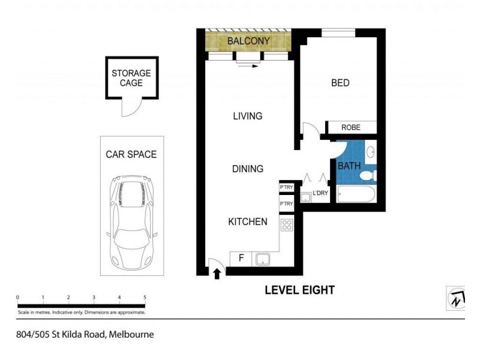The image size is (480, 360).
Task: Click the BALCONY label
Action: pos(248,41)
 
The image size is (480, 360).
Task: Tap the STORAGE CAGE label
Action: pos(131,78)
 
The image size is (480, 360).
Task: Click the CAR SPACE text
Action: pos(131,154)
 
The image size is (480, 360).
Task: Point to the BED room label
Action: pos(340,83)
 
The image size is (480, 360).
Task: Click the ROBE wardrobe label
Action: pos(351,128)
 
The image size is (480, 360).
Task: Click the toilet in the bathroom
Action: pos(368,175)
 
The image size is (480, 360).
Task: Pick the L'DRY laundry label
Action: pos(320,193)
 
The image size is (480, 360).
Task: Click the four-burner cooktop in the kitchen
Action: pos(287,226)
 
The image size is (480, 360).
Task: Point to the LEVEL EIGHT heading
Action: pos(300,290)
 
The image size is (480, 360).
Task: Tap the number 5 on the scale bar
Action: pos(145,297)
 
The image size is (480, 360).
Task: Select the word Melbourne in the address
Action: pos(131,335)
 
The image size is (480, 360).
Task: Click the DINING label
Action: pos(248,169)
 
